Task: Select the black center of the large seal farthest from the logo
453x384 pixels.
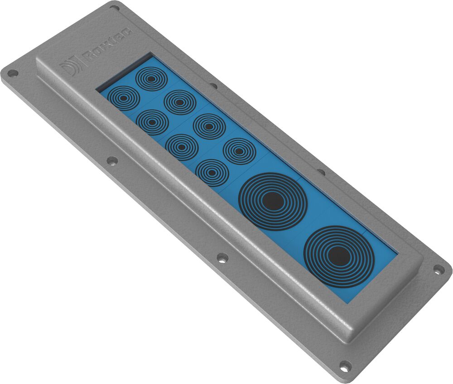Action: [339, 256]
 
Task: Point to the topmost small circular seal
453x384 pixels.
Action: [151, 78]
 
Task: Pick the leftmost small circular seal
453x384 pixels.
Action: [123, 97]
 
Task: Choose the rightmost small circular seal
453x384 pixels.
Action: [239, 151]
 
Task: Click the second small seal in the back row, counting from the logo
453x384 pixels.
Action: [180, 102]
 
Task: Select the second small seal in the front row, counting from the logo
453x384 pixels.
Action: [152, 122]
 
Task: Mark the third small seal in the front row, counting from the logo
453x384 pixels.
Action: [182, 147]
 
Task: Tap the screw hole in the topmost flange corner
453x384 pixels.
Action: [114, 7]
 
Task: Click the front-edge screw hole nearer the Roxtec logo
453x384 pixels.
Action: [111, 160]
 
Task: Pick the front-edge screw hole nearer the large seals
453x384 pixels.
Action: [222, 258]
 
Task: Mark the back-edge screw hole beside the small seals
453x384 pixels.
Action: [213, 85]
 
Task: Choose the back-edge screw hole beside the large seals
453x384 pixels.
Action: [321, 172]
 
